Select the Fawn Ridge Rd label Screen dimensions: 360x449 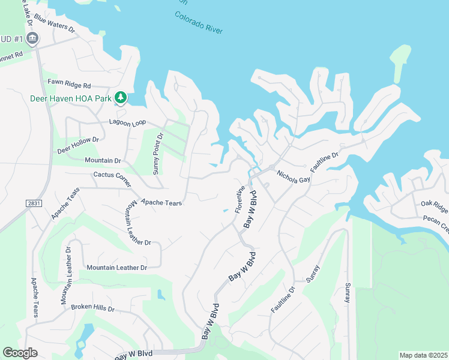pyautogui.click(x=70, y=85)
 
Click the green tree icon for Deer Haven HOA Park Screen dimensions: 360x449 pyautogui.click(x=121, y=97)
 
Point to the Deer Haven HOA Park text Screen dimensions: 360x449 pyautogui.click(x=72, y=98)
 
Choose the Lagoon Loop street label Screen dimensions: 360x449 pyautogui.click(x=127, y=122)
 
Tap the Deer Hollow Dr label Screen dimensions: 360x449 pyautogui.click(x=77, y=144)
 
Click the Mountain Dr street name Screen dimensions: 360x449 pyautogui.click(x=103, y=161)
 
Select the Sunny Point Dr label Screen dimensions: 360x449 pyautogui.click(x=157, y=154)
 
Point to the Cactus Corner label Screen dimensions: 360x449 pyautogui.click(x=112, y=175)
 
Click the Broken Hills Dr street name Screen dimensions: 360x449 pyautogui.click(x=92, y=307)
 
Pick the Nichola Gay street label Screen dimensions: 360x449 pyautogui.click(x=294, y=177)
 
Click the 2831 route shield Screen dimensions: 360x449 pyautogui.click(x=34, y=203)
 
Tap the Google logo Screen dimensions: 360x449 pyautogui.click(x=20, y=352)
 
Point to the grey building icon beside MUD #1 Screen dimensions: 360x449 pyautogui.click(x=32, y=40)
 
